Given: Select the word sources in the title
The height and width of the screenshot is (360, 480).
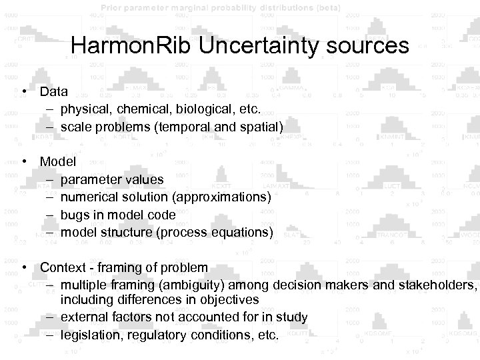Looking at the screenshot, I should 365,46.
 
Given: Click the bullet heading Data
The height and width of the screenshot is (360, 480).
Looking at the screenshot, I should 53,91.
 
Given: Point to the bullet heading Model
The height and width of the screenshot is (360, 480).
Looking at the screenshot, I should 58,161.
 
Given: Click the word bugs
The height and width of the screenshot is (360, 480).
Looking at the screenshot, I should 74,215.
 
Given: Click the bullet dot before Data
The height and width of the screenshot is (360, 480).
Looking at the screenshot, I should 25,92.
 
